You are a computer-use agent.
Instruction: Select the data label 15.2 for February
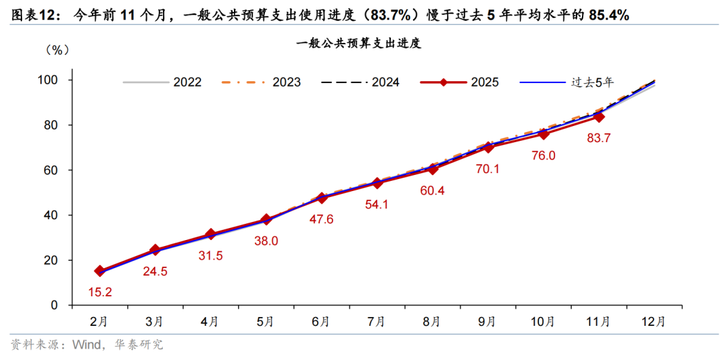tap(101, 292)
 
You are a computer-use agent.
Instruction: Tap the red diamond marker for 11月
tap(599, 117)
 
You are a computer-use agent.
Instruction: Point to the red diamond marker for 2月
tap(100, 271)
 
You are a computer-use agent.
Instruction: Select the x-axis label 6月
tap(321, 321)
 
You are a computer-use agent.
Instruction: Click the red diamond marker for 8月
tap(432, 168)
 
